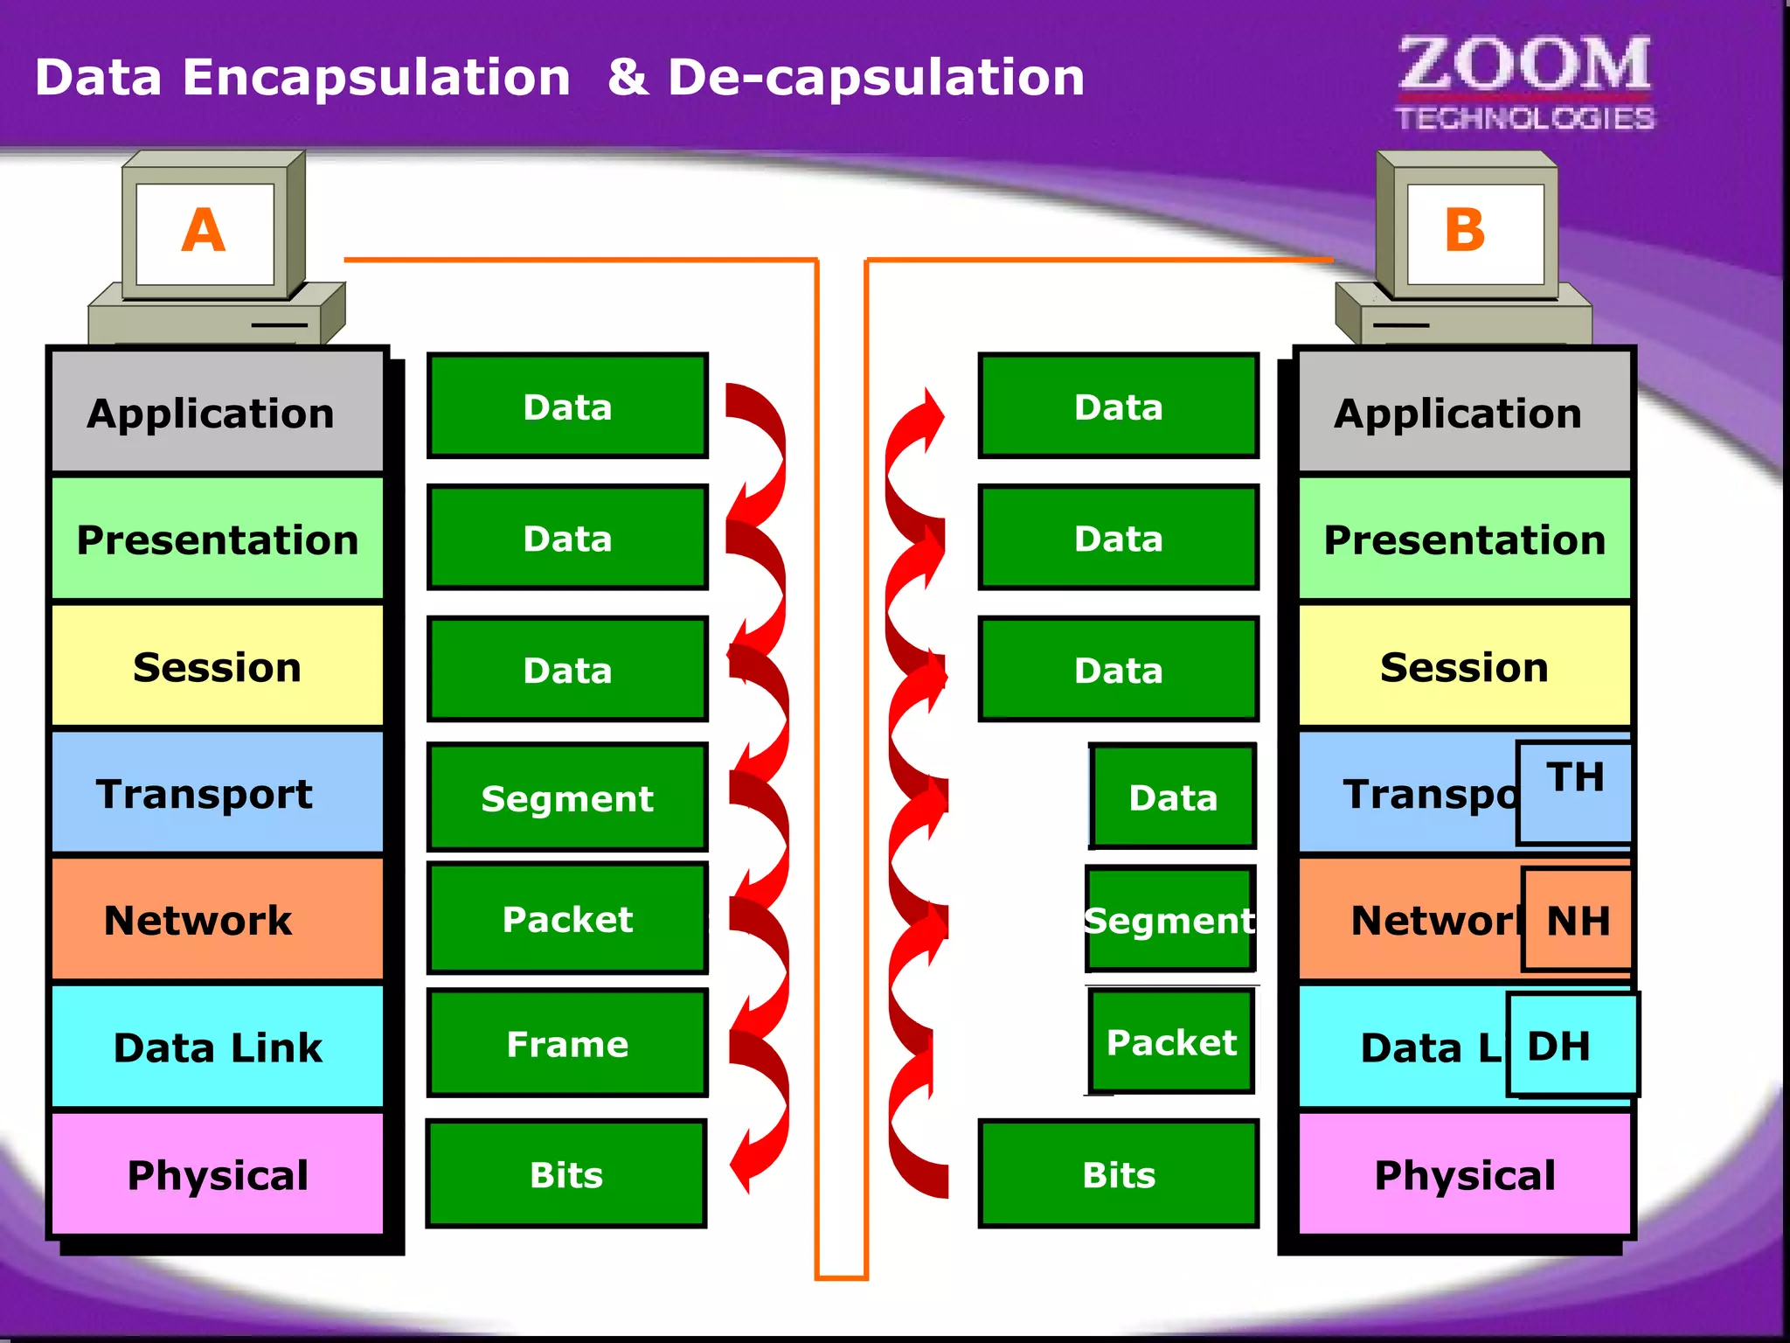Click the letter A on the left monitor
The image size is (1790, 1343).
(x=204, y=231)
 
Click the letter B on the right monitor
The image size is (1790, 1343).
(x=1465, y=231)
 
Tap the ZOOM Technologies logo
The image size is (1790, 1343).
(x=1525, y=83)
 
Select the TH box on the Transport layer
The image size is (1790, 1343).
(x=1575, y=791)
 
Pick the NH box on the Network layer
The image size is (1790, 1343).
(x=1578, y=920)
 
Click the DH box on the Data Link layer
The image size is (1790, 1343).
(x=1571, y=1045)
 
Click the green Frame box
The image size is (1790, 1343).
(x=567, y=1044)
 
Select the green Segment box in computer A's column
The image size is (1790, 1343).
(x=567, y=797)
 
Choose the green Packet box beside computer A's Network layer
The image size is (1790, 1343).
(x=567, y=919)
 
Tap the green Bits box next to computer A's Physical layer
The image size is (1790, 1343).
(x=566, y=1174)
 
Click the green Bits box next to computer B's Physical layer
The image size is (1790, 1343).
(x=1119, y=1174)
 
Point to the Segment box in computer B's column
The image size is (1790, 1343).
(x=1169, y=920)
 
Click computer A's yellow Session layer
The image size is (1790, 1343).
(x=217, y=667)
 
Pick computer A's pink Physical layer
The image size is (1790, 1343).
(x=217, y=1174)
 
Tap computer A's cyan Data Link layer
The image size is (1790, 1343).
(x=217, y=1047)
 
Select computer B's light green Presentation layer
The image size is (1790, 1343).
(x=1464, y=539)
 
